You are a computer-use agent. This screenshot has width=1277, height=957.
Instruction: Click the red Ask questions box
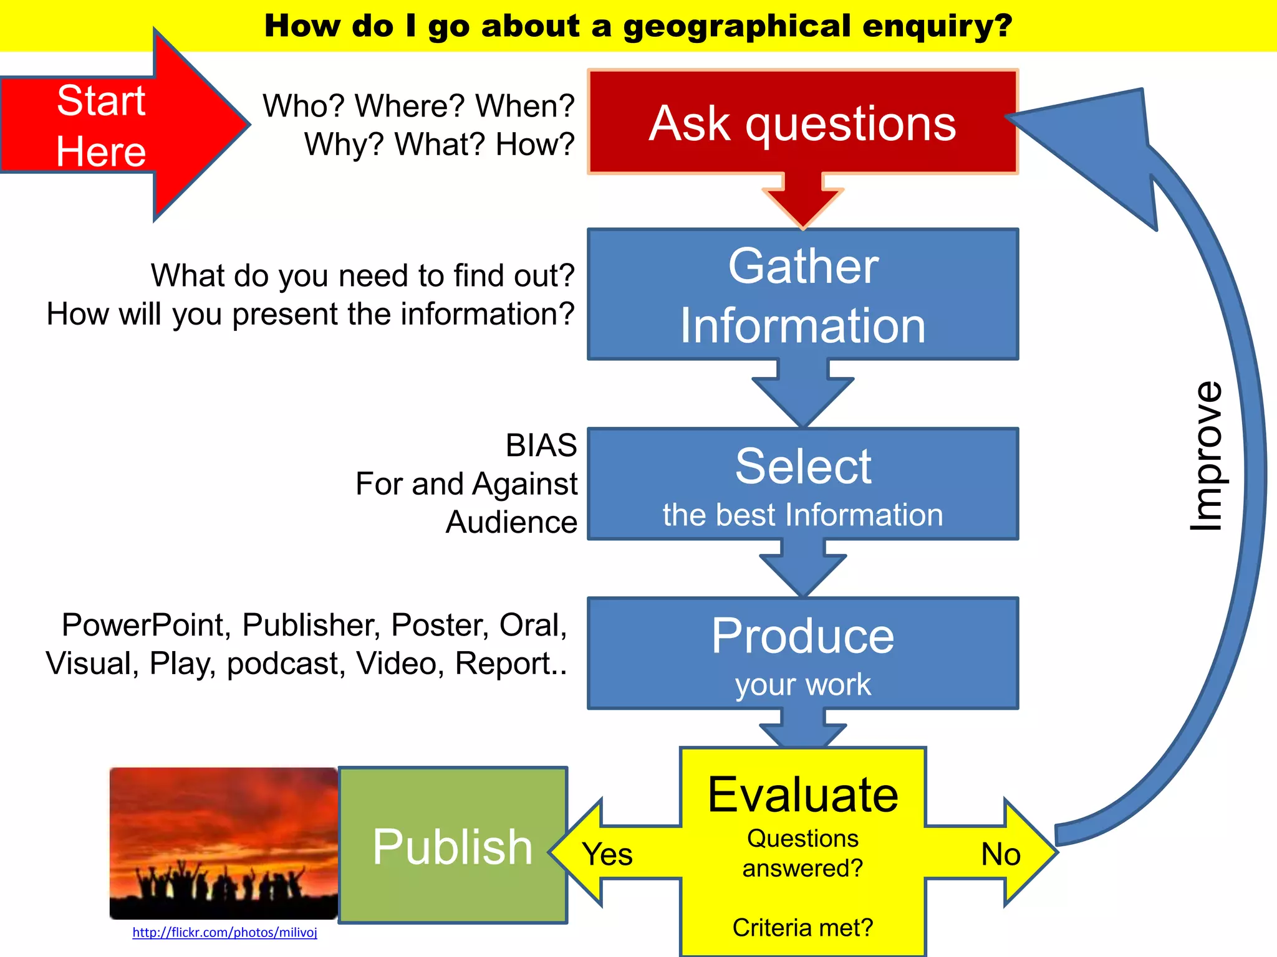pos(802,122)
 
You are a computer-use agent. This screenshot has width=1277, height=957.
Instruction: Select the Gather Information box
pos(802,294)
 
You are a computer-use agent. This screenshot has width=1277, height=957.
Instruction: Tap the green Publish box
pos(453,845)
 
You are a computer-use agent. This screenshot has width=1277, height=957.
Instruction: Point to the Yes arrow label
pos(607,854)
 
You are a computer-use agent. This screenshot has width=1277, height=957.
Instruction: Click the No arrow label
pos(1000,854)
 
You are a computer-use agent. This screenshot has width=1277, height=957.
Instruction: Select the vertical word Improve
pos(1206,456)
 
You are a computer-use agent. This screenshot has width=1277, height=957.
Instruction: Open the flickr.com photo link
pos(224,932)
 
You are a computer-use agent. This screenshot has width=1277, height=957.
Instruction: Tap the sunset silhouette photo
pos(223,842)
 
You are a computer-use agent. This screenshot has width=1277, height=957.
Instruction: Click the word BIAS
pos(541,445)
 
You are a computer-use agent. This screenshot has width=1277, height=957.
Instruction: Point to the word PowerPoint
pos(146,625)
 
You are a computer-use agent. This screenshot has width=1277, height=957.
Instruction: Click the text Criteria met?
pos(802,927)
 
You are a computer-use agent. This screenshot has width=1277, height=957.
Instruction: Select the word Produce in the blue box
pos(802,636)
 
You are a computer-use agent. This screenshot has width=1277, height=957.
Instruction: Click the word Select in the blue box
pos(802,466)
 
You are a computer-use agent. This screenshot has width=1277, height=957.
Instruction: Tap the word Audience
pos(511,522)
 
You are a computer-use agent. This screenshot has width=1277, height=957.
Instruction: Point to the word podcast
pos(286,664)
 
